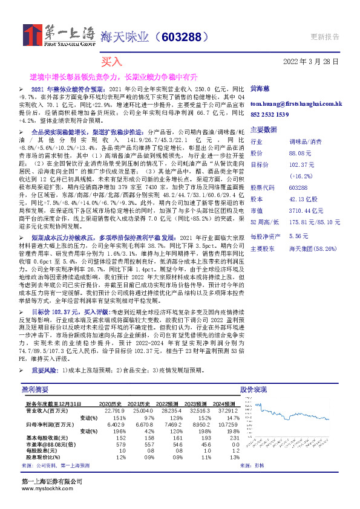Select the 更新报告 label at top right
click(x=325, y=37)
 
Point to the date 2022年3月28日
click(x=311, y=62)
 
